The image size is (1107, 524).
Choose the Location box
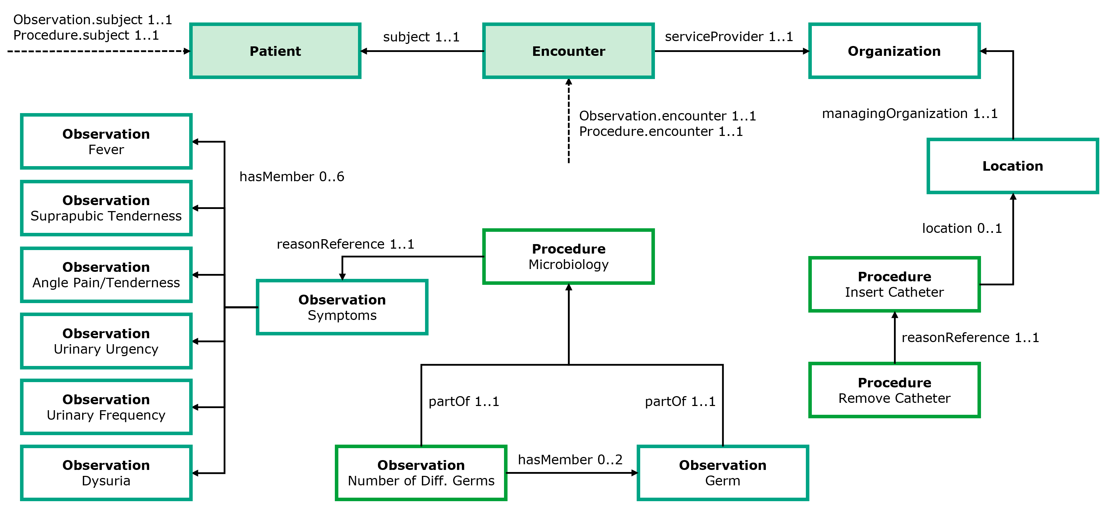coord(1013,166)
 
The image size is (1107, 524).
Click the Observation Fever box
coord(106,142)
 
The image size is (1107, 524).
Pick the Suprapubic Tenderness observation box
coord(106,208)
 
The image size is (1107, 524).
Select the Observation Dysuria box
coord(106,473)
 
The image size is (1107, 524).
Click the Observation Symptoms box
coord(342,307)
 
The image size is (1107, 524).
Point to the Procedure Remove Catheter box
coord(894,390)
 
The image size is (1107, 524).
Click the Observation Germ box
coord(722,473)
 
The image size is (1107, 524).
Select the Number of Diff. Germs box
coord(421,473)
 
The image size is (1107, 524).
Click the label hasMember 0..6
coord(292,177)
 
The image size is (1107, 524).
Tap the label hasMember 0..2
coord(570,459)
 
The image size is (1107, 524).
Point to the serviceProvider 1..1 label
coord(729,37)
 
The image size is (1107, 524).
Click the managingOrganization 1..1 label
coord(909,113)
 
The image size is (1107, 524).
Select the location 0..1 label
coord(962,228)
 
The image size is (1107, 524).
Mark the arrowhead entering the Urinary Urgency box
coord(195,341)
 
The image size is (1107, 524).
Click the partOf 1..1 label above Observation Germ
coord(680,401)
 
